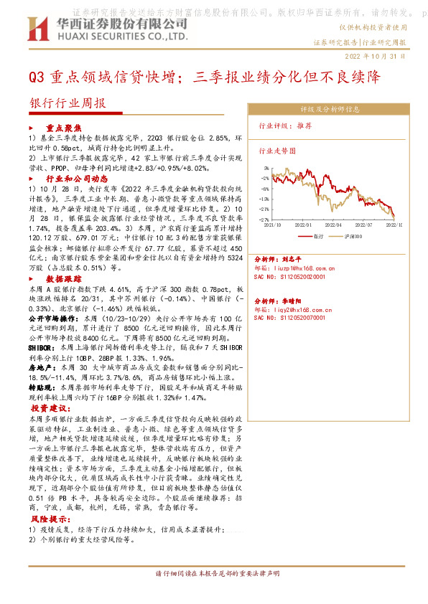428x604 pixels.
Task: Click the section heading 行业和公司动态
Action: click(x=76, y=178)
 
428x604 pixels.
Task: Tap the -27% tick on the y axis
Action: click(x=264, y=219)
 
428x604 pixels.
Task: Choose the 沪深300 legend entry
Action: click(x=355, y=235)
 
